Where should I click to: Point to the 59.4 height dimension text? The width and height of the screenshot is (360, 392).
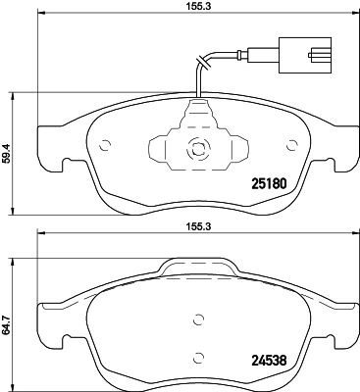[x=9, y=153]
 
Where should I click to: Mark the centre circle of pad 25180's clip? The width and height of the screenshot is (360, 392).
[x=196, y=150]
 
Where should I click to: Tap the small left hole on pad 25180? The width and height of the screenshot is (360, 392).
[x=105, y=147]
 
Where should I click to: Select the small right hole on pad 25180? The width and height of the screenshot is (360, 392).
[x=290, y=147]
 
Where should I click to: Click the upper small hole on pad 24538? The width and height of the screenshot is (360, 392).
[x=198, y=318]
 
